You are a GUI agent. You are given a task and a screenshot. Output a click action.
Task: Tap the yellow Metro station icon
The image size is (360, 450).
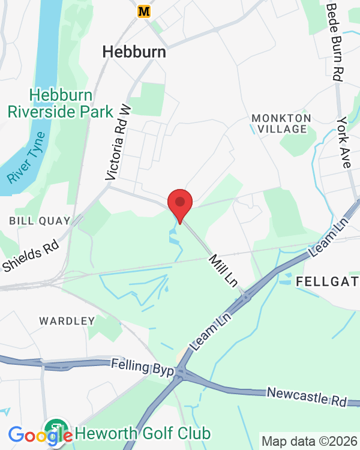[x=143, y=11]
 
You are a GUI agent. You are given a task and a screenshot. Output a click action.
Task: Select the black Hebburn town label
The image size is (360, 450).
[x=134, y=52]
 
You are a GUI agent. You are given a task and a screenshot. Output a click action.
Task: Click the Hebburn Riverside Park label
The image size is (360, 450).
[x=60, y=103]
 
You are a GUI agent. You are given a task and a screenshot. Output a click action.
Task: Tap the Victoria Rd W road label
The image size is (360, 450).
[x=118, y=142]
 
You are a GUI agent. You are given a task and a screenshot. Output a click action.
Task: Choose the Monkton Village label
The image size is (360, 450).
[x=281, y=123]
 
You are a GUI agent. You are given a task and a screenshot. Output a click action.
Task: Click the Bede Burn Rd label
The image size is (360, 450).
[x=335, y=40]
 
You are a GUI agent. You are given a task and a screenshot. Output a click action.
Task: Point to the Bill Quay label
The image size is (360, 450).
[x=40, y=221]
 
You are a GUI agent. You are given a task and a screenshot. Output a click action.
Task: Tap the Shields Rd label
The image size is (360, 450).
[x=31, y=256]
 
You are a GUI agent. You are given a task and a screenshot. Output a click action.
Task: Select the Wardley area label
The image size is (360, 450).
[x=67, y=321]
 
